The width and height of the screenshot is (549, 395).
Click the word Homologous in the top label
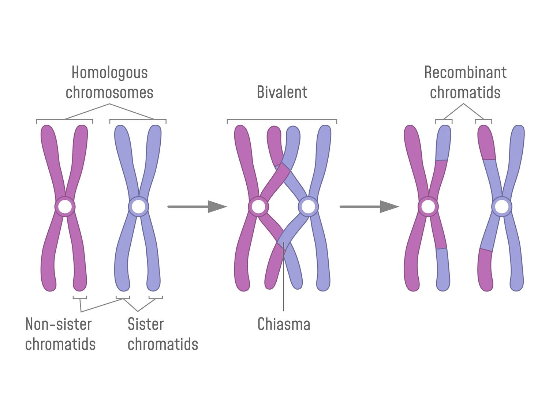tap(109, 73)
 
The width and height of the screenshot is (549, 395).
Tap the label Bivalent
tap(282, 92)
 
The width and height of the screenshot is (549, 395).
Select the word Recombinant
tap(465, 73)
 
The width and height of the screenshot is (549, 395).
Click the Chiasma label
tap(284, 324)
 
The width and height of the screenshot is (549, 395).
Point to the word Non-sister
tap(59, 324)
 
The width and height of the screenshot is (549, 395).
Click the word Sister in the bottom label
tap(145, 324)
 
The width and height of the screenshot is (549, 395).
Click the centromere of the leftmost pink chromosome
tap(65, 207)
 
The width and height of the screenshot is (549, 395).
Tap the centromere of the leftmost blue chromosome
tap(138, 207)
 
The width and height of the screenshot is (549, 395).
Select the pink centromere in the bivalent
tap(258, 207)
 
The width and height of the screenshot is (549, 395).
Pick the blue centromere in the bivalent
tap(308, 207)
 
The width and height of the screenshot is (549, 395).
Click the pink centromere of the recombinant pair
tap(428, 207)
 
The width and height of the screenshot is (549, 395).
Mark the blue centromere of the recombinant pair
tap(501, 207)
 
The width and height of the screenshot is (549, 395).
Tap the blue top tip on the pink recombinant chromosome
tap(444, 143)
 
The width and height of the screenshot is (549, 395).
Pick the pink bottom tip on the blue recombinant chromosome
tap(485, 271)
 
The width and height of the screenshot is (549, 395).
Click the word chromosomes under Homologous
tap(109, 93)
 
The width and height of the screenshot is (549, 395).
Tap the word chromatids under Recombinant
tap(465, 93)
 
